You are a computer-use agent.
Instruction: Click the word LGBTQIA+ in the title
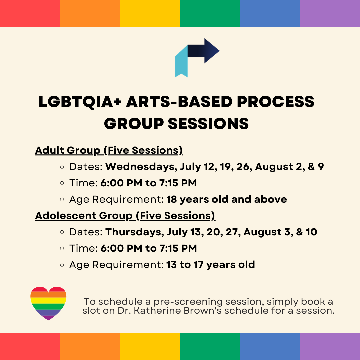click(80, 102)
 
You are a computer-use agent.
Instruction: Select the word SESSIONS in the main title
click(208, 124)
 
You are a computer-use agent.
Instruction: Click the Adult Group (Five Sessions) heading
click(109, 150)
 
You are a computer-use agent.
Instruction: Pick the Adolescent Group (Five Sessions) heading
click(125, 216)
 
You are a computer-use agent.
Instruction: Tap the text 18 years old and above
click(227, 199)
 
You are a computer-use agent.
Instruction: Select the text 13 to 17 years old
click(211, 265)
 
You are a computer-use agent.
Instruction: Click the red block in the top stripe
click(30, 13)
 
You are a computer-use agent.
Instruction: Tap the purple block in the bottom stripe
click(330, 346)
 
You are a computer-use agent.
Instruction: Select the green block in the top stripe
click(210, 13)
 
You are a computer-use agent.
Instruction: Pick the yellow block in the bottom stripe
click(150, 346)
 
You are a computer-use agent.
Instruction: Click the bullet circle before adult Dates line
click(62, 167)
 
